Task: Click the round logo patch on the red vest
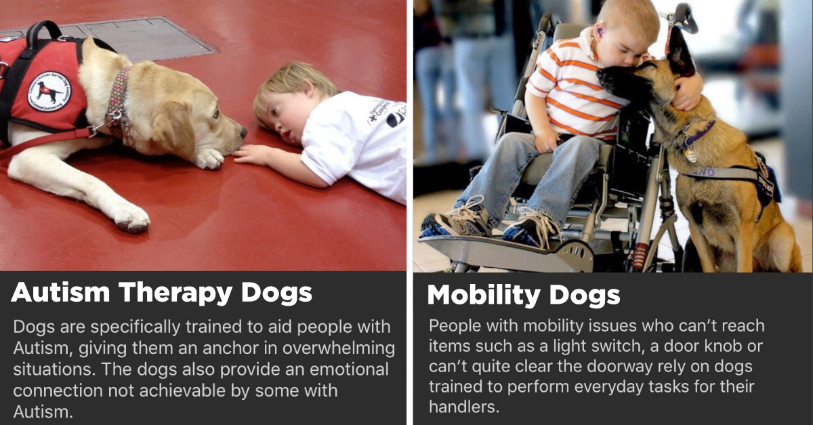tap(49, 92)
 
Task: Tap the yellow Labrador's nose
tap(243, 132)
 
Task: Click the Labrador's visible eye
tap(216, 114)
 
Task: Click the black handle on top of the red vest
tap(43, 33)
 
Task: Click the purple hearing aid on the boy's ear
tap(599, 32)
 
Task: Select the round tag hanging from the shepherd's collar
tap(690, 155)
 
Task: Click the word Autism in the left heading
tap(60, 292)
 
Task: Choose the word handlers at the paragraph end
tap(464, 406)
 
